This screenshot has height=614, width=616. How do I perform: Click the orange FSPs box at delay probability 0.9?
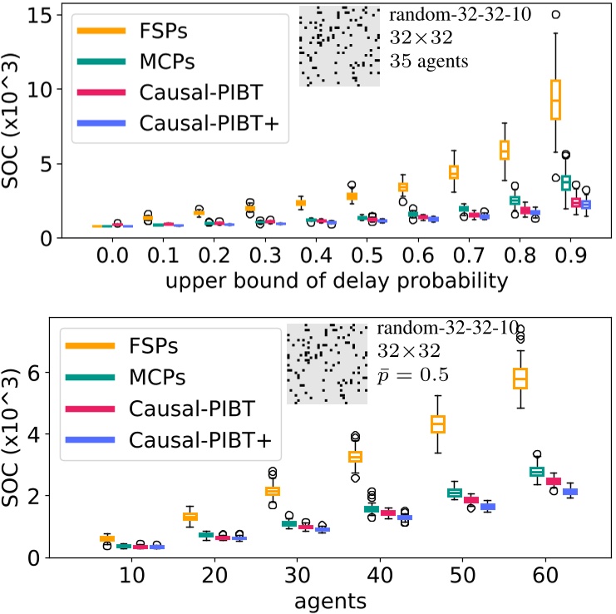556,100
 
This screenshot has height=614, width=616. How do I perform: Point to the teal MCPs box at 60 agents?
537,472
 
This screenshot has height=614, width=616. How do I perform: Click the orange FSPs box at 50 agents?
437,424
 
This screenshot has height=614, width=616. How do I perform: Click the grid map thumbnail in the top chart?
339,46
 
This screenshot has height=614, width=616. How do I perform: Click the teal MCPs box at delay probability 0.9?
565,183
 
